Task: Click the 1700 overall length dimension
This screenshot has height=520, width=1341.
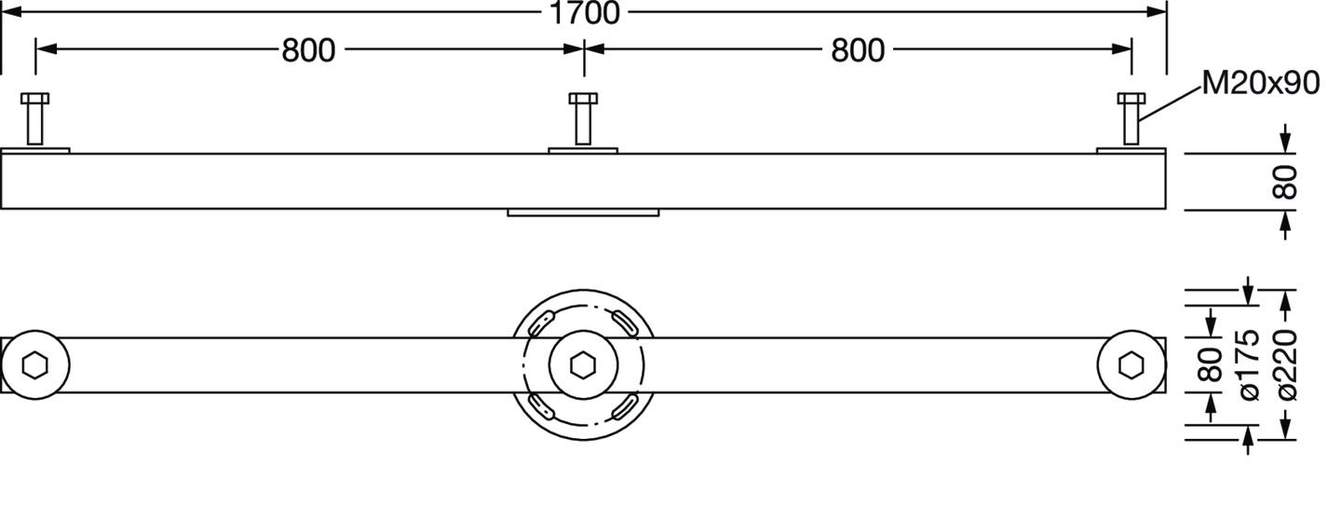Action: click(x=584, y=13)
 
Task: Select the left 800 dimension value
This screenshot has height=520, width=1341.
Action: click(x=308, y=50)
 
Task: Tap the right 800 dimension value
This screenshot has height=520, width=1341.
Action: click(x=858, y=50)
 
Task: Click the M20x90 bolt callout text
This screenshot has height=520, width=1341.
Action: click(x=1261, y=83)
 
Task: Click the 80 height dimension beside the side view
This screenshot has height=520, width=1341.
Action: click(x=1285, y=182)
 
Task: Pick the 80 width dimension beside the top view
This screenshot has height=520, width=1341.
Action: click(x=1211, y=364)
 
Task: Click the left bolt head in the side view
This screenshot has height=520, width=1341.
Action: click(x=34, y=98)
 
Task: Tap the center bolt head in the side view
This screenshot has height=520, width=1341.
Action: click(x=583, y=98)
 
